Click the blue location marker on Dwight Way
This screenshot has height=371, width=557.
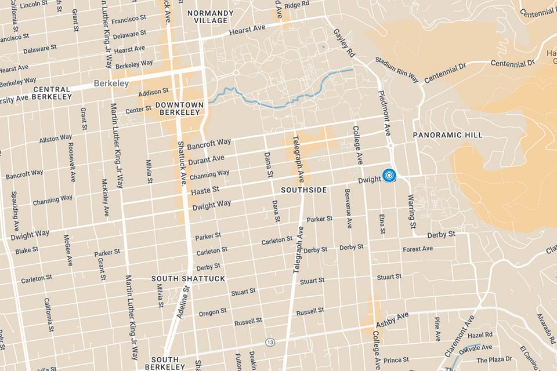tap(389, 174)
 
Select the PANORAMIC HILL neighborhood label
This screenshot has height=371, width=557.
tap(447, 135)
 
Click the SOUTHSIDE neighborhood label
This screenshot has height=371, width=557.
tap(303, 190)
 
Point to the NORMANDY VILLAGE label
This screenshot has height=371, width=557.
tap(211, 17)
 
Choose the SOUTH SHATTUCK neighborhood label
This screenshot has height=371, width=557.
tap(179, 279)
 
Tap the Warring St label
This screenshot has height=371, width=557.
tap(412, 212)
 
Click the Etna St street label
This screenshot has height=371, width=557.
tap(382, 224)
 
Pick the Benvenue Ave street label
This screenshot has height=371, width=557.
tap(348, 208)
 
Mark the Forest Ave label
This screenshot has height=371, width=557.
tap(418, 249)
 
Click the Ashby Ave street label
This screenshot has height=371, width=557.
tap(392, 318)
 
